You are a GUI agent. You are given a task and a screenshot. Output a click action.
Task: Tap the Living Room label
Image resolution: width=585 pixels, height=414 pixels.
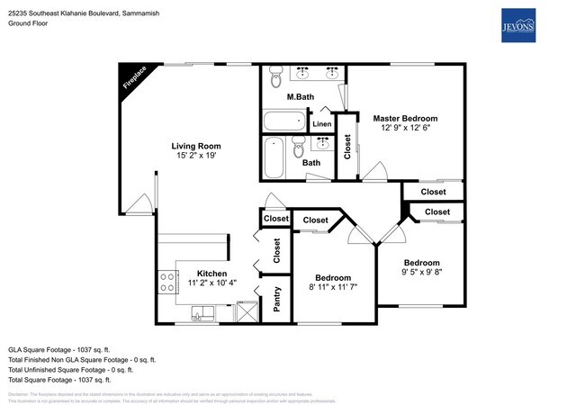[196, 146]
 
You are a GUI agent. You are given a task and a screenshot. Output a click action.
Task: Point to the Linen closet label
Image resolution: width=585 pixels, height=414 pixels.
[321, 123]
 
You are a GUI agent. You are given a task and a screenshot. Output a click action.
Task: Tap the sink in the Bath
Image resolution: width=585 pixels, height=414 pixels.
[322, 143]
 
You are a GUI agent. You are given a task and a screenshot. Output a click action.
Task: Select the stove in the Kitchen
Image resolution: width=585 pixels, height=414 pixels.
[166, 283]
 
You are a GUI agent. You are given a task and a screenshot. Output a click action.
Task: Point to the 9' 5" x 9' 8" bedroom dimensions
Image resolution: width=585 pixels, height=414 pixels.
[421, 271]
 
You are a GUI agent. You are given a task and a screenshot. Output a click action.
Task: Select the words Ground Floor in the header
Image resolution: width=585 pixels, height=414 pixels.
[29, 23]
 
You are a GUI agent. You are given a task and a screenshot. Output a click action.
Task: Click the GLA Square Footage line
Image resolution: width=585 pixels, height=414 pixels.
[59, 348]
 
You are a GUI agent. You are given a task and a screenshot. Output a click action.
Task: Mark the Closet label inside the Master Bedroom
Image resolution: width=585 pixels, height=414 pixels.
[347, 146]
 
